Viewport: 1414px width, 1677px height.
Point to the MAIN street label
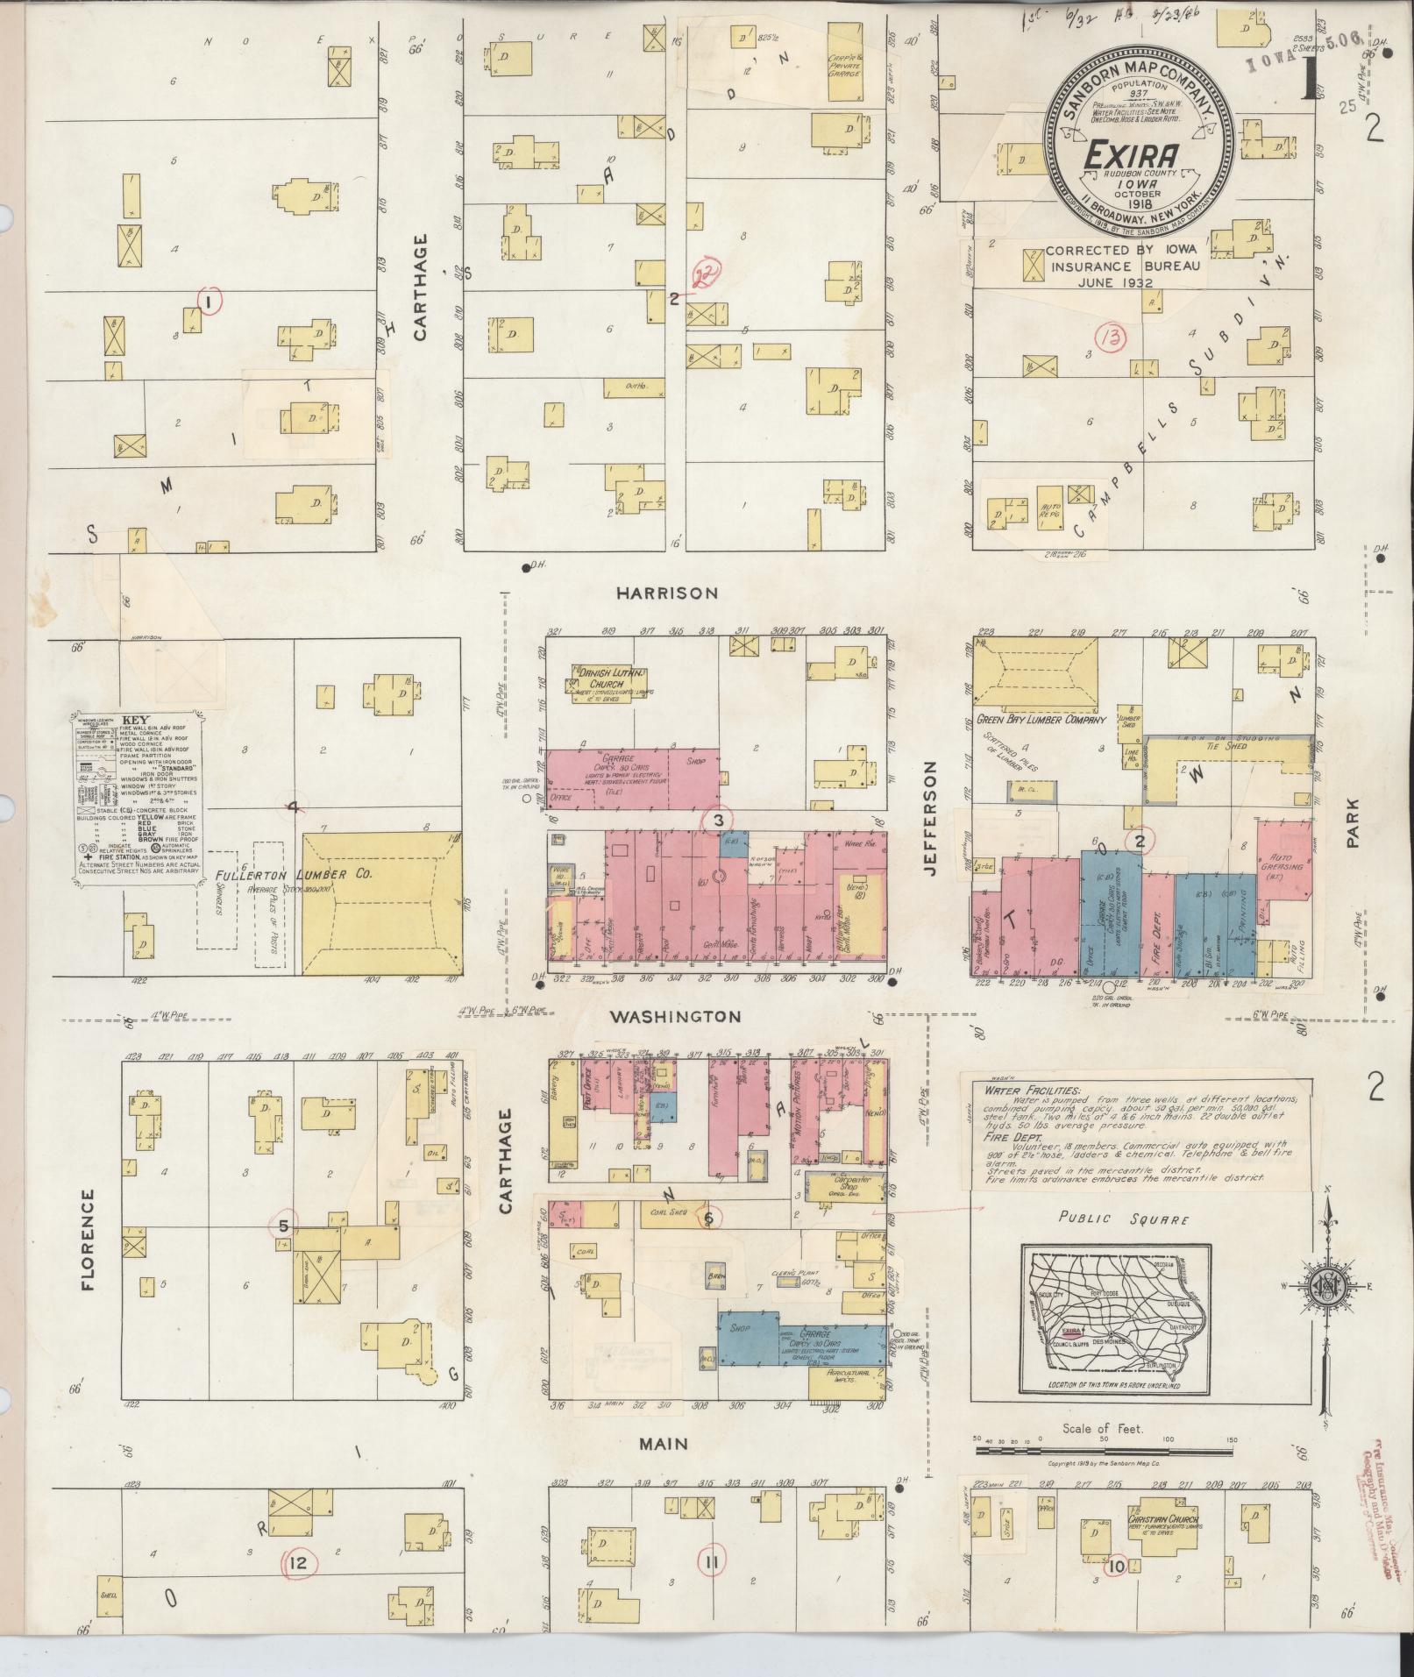coord(663,1444)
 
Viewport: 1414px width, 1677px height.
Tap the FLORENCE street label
coord(87,1240)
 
